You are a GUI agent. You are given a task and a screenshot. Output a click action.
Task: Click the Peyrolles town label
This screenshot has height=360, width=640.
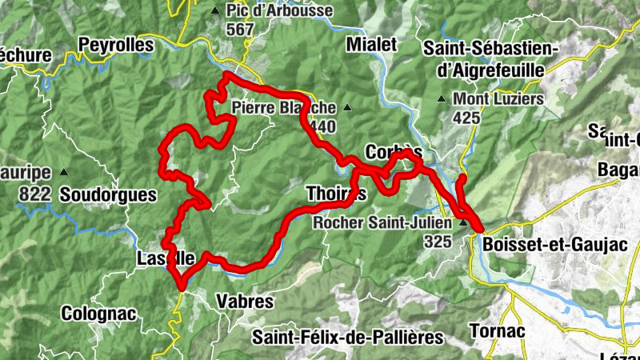click(115, 46)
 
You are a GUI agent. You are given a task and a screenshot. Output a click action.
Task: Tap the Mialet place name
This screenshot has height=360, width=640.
click(372, 45)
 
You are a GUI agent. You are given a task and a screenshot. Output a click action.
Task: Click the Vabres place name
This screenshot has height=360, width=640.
click(246, 302)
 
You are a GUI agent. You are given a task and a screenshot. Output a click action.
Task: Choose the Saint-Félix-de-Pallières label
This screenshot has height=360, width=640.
click(347, 337)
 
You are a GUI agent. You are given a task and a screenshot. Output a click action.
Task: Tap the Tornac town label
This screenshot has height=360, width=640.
click(497, 331)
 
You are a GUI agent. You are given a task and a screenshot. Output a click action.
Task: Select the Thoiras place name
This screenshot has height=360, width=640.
click(336, 194)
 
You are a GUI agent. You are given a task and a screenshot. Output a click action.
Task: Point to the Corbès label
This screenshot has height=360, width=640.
click(393, 152)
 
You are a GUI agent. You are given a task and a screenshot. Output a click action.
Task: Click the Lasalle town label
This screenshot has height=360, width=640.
click(165, 258)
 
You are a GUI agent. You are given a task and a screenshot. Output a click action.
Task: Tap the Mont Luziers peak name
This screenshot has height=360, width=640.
click(498, 100)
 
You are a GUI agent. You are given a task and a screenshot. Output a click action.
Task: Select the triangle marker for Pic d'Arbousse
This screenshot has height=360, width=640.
click(214, 11)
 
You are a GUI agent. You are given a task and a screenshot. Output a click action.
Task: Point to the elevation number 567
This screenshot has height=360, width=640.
click(239, 30)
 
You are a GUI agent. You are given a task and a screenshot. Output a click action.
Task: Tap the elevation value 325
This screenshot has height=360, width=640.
click(438, 240)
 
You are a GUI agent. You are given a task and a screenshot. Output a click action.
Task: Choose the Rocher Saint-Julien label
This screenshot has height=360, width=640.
click(383, 222)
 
